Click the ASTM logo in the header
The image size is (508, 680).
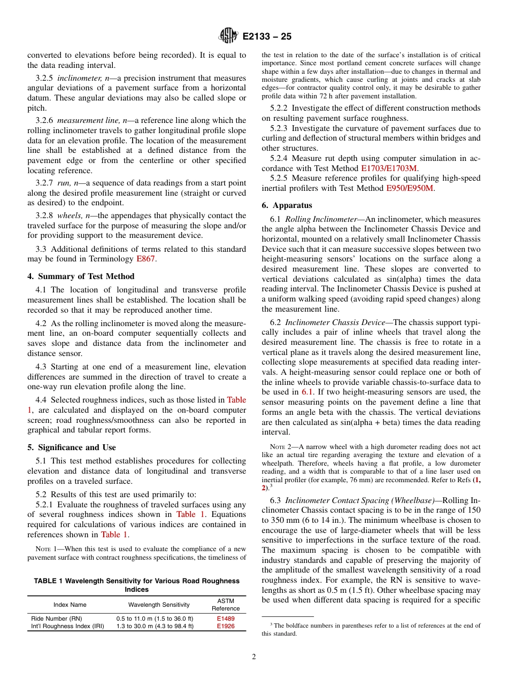229,37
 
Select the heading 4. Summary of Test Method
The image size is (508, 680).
81,276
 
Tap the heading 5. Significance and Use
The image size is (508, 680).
72,447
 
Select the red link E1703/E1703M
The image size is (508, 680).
389,168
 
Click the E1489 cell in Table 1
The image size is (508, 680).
225,619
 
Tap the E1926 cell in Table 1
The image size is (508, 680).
225,626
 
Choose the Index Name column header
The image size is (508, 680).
70,605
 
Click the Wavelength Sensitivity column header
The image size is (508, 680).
159,605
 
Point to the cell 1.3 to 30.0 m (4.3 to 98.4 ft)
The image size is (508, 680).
155,626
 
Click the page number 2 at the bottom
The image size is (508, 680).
254,657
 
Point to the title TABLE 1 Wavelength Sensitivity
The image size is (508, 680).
137,581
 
